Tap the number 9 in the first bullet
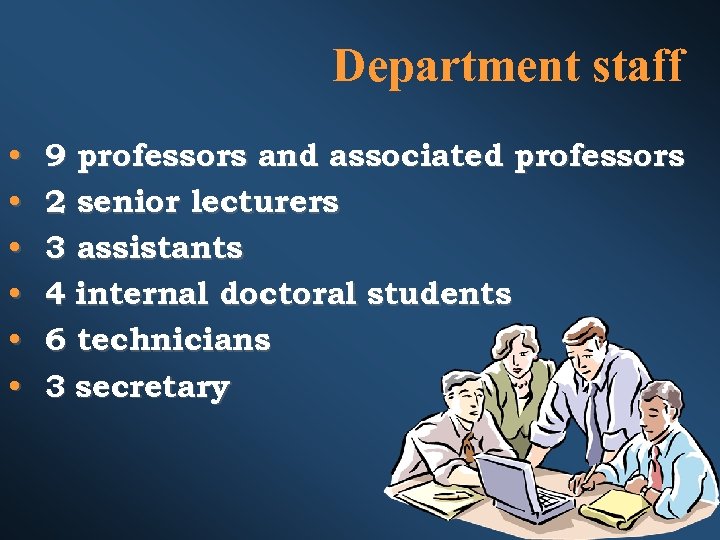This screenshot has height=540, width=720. (x=56, y=157)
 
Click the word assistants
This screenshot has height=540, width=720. (x=159, y=249)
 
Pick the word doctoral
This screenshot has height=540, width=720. (x=288, y=295)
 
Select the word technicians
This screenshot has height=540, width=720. (x=173, y=341)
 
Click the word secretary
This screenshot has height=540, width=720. (x=152, y=388)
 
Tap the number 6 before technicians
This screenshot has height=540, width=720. (x=56, y=341)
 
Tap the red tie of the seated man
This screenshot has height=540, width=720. (x=655, y=465)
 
